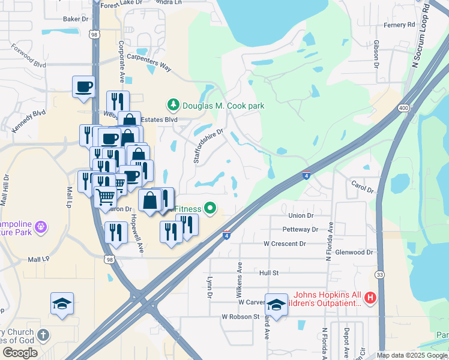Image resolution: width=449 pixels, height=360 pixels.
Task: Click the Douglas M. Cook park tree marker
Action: (x=173, y=106)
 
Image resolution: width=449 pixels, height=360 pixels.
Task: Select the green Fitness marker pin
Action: (x=210, y=208)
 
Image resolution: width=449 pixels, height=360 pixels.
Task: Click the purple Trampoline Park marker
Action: (x=40, y=227)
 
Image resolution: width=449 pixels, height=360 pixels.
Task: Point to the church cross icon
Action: (x=43, y=335)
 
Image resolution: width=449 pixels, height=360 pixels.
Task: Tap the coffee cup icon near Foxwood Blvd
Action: (x=83, y=86)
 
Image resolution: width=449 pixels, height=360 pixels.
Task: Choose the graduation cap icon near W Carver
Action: (x=276, y=304)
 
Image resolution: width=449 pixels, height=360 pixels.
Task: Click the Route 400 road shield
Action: (x=403, y=108)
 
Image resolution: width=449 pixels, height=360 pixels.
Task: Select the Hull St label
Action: (x=269, y=272)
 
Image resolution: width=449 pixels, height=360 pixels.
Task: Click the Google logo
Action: (x=20, y=353)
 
